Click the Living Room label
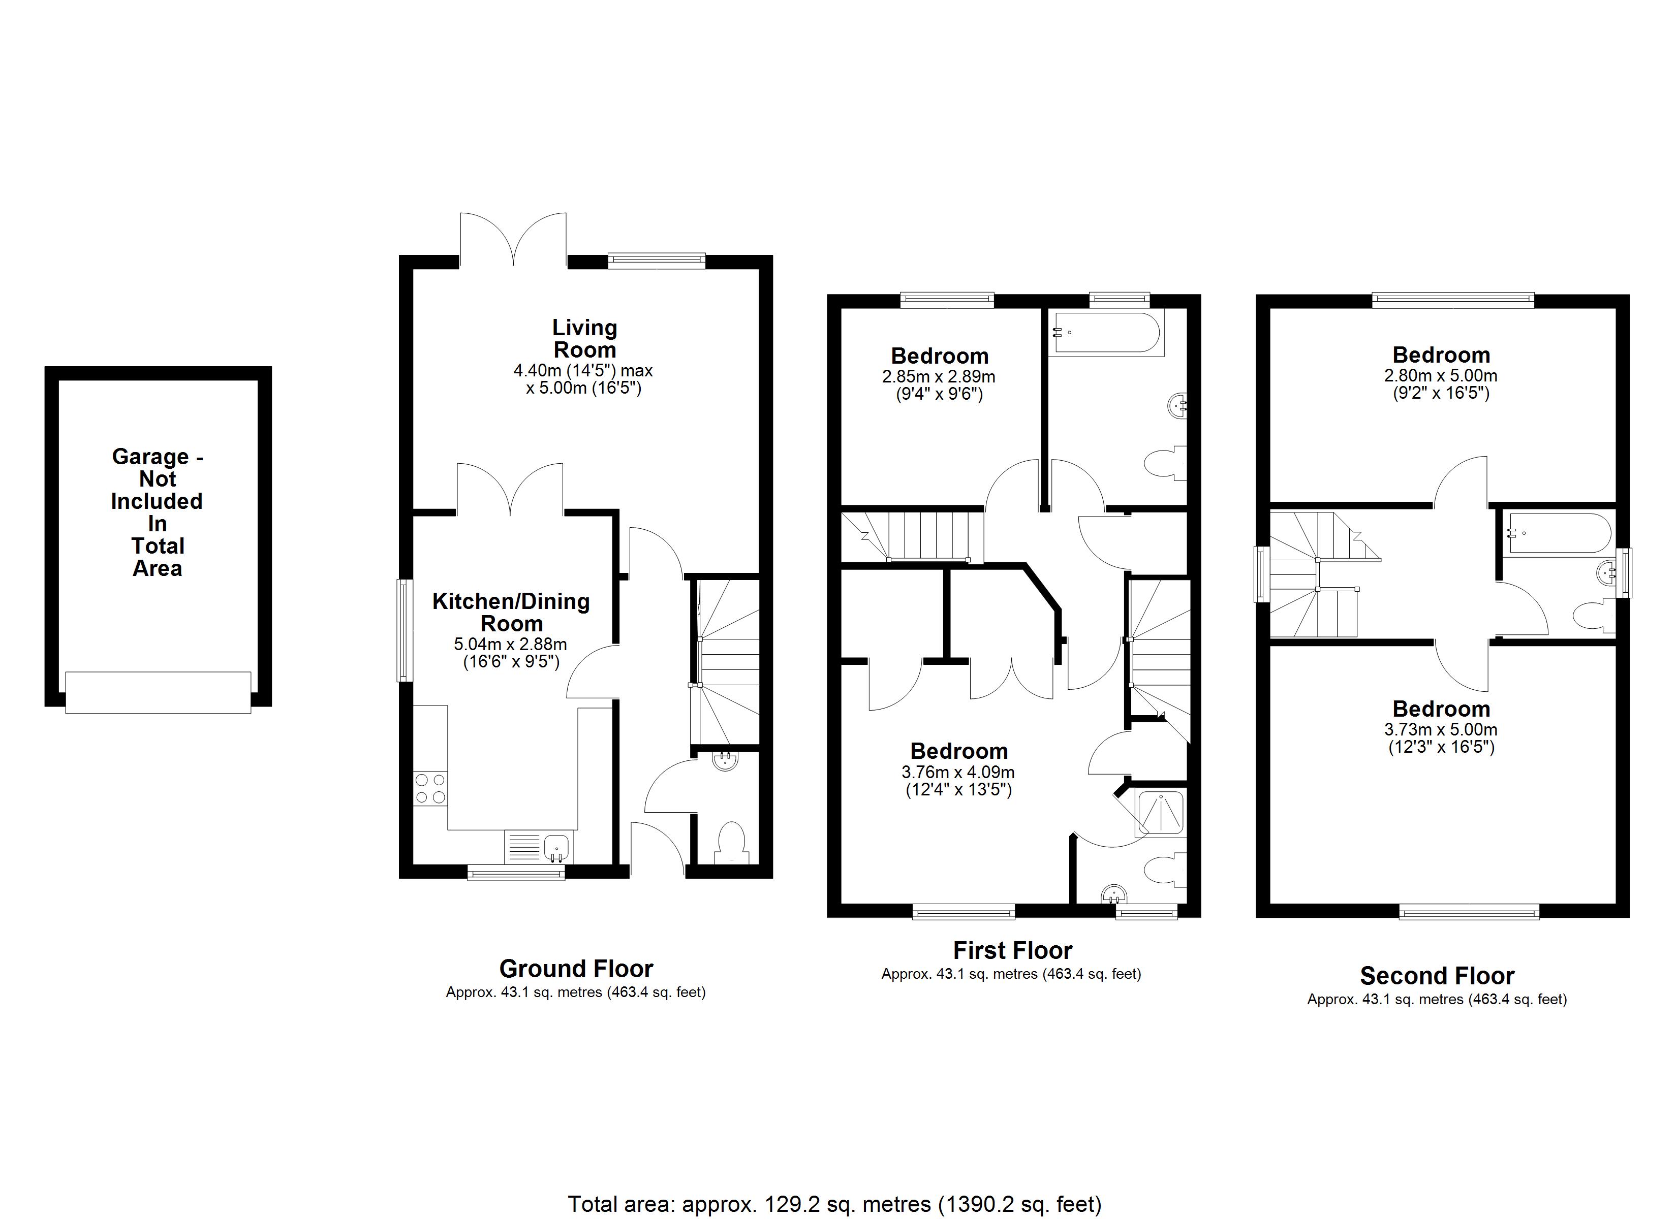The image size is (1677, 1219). pos(584,339)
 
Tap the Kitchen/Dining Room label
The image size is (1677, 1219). pos(511,612)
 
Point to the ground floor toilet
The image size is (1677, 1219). pos(731,843)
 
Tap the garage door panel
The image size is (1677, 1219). pos(158,692)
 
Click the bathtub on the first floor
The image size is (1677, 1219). pos(1106,333)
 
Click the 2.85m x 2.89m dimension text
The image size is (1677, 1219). pos(939,385)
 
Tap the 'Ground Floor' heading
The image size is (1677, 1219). pos(576,969)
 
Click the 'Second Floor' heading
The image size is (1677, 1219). pos(1438,976)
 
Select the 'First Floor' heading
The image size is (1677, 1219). pos(1012,950)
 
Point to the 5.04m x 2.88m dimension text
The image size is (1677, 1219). pos(511,653)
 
